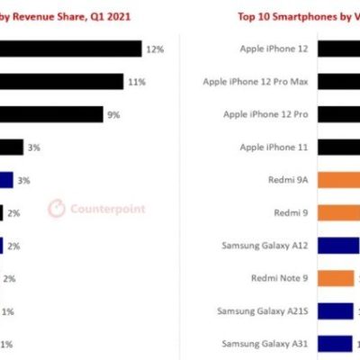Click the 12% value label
pos(156,49)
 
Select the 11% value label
pos(137,82)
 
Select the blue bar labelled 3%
pos(6,180)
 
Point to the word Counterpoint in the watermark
pos(107,209)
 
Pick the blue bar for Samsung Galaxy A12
pos(337,245)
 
